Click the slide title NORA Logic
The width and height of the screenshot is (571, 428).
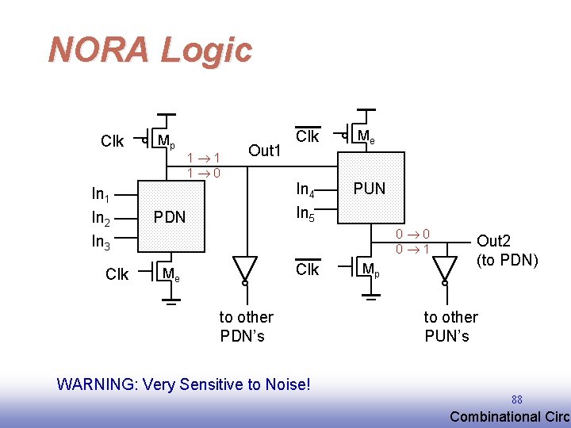(x=150, y=49)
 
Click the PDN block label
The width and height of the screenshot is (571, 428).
(x=169, y=216)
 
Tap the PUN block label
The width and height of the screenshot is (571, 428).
(x=370, y=189)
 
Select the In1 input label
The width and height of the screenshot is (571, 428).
(x=101, y=194)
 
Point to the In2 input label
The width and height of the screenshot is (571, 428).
(x=101, y=219)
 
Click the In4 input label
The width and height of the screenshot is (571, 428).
(x=306, y=189)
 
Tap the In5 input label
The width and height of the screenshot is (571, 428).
(x=306, y=213)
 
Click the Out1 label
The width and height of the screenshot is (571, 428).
(x=265, y=151)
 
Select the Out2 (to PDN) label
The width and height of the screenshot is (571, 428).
(x=507, y=250)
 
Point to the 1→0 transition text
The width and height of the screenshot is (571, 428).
(x=204, y=173)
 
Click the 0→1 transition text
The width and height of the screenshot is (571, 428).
(x=413, y=249)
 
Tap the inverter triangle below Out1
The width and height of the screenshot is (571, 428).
(x=245, y=267)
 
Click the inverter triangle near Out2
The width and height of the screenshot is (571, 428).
(x=446, y=267)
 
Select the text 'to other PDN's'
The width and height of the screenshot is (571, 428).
(x=246, y=326)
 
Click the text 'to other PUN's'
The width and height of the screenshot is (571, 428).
(x=450, y=326)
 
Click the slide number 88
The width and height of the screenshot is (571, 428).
(x=517, y=399)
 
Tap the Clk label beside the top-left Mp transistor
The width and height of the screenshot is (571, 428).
(x=112, y=142)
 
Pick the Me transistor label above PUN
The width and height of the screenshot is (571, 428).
(x=366, y=137)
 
